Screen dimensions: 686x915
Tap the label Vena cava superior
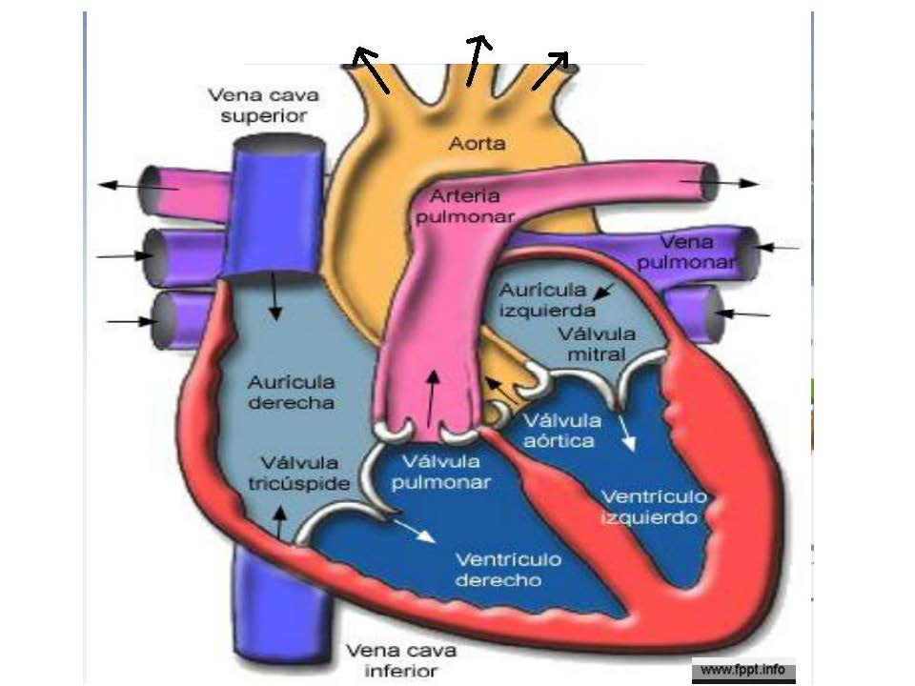(263, 105)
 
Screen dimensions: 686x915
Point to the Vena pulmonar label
(699, 252)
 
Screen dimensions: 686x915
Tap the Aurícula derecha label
(291, 392)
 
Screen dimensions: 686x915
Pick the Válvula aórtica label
(562, 430)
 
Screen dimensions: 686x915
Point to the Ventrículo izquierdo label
(654, 507)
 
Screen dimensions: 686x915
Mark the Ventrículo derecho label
(509, 569)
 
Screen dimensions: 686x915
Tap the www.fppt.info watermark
(743, 670)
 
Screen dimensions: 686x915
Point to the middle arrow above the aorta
(477, 60)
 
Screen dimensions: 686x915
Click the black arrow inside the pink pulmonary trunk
(434, 396)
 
